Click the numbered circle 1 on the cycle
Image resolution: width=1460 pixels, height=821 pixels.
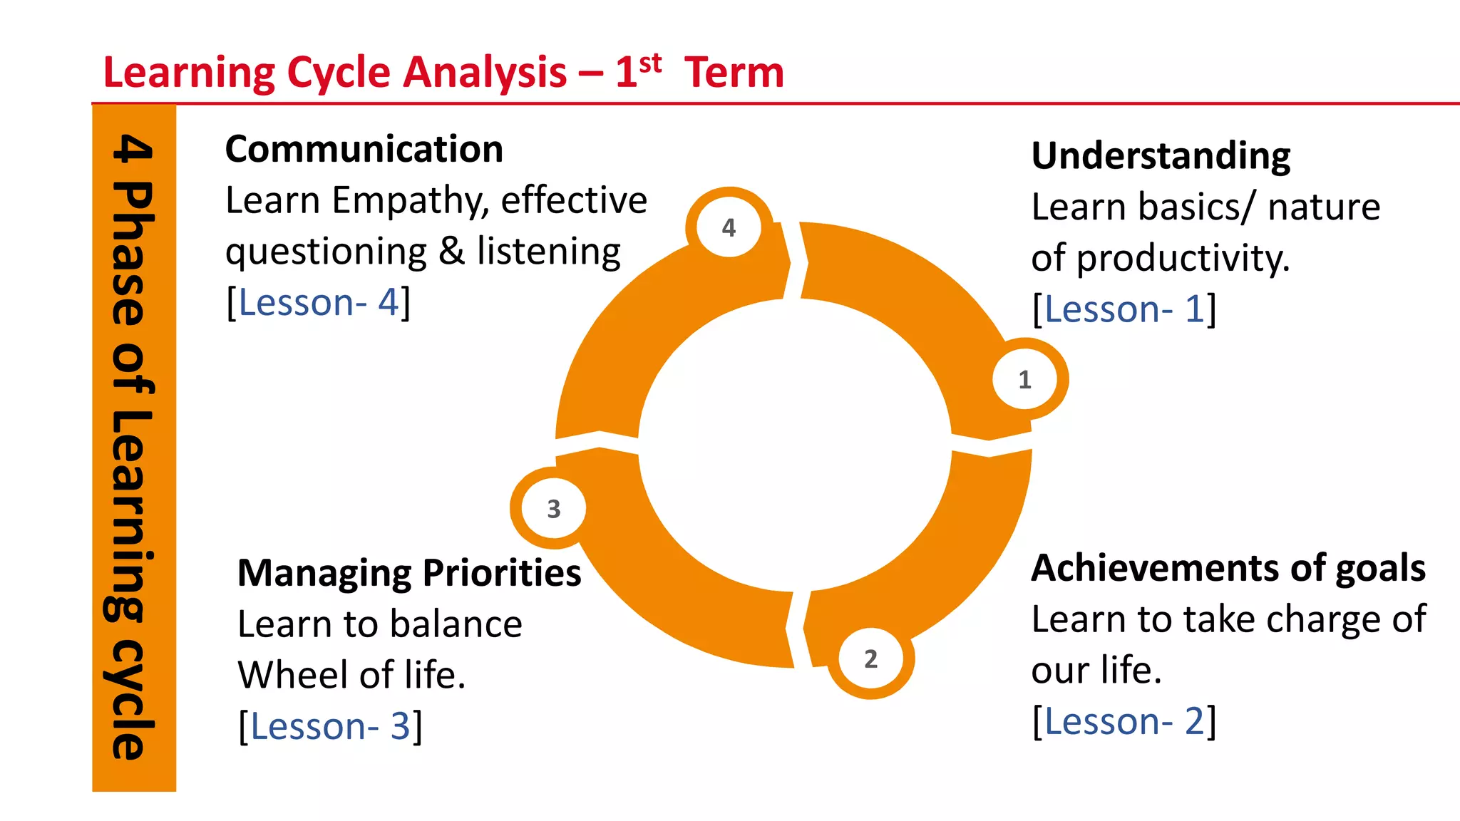pos(1024,379)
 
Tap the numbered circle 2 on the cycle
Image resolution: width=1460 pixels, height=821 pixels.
pos(870,659)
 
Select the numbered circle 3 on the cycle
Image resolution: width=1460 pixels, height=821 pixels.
pos(554,508)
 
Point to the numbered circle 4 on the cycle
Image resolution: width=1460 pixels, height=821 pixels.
pos(729,227)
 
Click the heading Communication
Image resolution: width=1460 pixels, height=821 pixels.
pos(364,150)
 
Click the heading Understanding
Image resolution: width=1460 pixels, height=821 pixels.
pos(1161,156)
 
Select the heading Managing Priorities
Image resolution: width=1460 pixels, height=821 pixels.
pos(409,573)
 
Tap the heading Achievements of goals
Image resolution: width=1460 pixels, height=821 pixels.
pos(1228,569)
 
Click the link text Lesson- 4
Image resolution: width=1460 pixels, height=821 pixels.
pos(319,303)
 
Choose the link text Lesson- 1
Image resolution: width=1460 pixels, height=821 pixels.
pos(1124,309)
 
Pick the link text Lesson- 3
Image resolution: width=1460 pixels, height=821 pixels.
pos(330,726)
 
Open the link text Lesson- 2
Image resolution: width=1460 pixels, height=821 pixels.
pos(1124,721)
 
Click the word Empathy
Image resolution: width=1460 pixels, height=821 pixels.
pos(411,201)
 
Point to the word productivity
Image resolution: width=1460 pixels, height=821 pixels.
pos(1183,259)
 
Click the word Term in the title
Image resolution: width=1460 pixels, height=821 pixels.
pos(734,73)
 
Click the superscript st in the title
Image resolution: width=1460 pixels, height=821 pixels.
pos(650,63)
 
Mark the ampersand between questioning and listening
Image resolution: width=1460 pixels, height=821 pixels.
pos(451,252)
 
